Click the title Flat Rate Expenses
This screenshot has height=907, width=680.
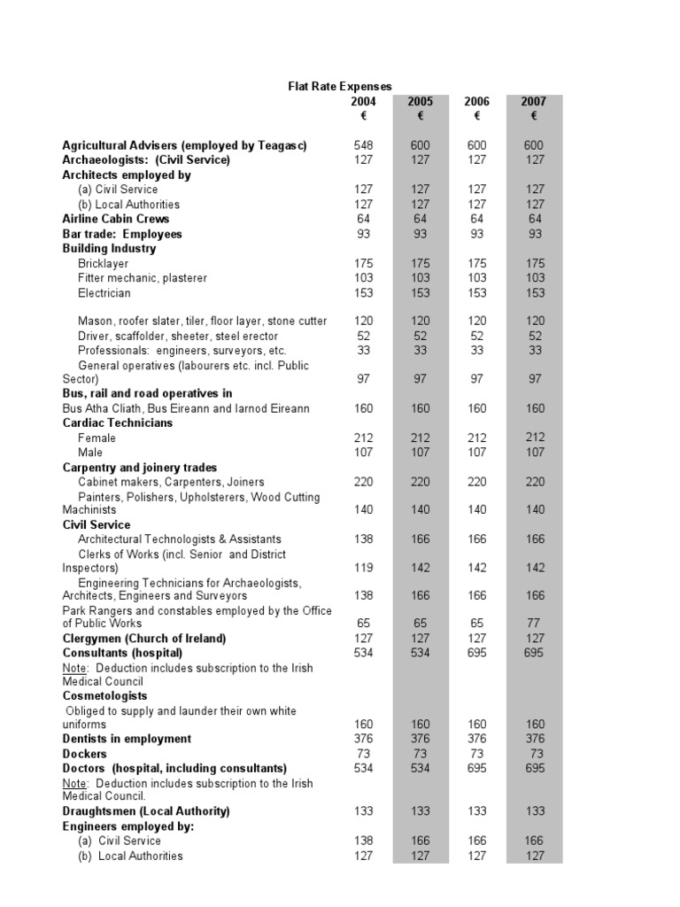[339, 87]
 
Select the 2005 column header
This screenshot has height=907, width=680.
[420, 102]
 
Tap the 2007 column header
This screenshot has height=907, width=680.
[534, 102]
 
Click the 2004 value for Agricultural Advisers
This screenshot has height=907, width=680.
[363, 145]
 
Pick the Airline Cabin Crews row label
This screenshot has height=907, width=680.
[115, 219]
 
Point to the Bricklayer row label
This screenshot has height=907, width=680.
[103, 263]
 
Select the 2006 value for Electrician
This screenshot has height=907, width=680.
[476, 293]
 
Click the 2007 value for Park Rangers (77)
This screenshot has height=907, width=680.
[533, 624]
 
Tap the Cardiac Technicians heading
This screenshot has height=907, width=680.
[117, 422]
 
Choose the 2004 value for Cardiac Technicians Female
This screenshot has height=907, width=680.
[363, 438]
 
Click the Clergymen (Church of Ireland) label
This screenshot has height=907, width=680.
[144, 639]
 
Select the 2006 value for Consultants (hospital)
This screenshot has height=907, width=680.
[476, 653]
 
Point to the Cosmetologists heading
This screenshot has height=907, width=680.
[104, 696]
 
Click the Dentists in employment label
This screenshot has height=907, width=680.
[127, 739]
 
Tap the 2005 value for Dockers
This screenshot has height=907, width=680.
[420, 754]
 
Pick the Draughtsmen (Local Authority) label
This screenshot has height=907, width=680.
[145, 811]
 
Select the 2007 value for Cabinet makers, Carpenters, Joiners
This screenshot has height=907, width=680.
[533, 482]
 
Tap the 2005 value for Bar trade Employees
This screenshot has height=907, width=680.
[420, 234]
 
